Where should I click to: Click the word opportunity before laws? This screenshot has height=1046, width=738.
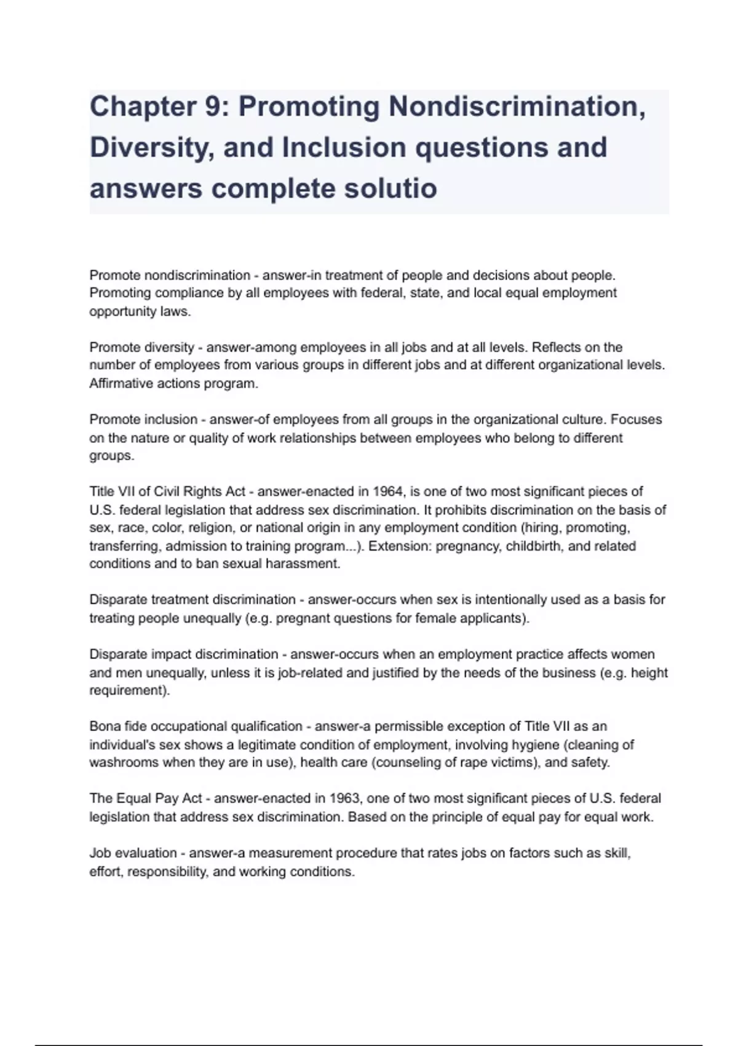click(x=122, y=311)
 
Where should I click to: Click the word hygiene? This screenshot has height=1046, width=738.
click(x=533, y=745)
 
